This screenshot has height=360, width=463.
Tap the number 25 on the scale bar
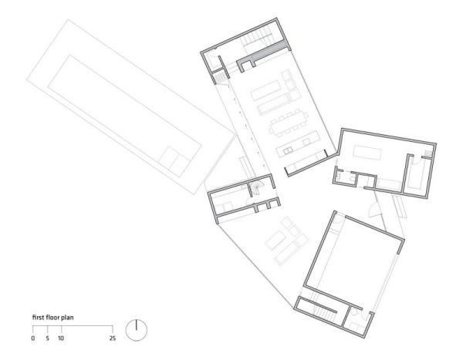[113, 338]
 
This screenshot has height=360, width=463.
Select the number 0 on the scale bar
[33, 338]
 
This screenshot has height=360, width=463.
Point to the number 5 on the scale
[48, 338]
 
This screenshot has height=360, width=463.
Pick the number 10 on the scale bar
[60, 338]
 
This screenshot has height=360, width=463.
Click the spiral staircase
[255, 189]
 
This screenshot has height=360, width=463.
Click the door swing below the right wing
[378, 205]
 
